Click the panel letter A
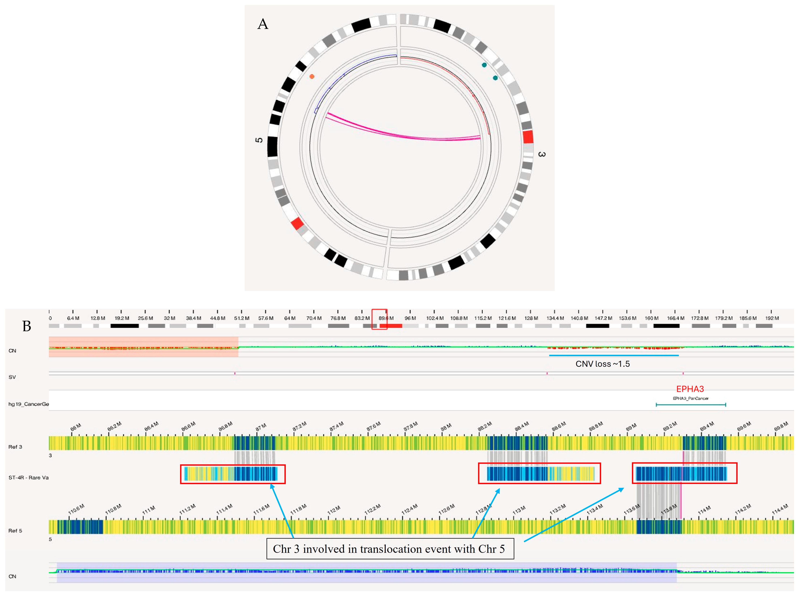coord(263,24)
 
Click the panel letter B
coord(27,326)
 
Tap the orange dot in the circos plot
coord(312,76)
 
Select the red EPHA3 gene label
coord(690,389)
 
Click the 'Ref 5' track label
coord(15,531)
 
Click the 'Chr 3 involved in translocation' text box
coord(390,549)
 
